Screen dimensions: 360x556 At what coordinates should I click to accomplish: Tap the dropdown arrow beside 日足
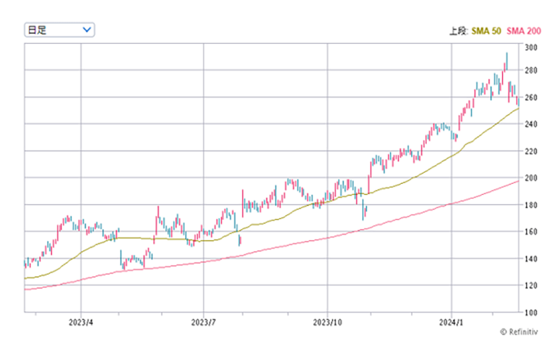pos(87,29)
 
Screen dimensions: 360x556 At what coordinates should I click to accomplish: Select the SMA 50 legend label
pos(487,30)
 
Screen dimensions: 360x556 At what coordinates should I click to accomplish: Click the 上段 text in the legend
pos(458,30)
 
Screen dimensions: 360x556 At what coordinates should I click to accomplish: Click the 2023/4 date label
pos(81,323)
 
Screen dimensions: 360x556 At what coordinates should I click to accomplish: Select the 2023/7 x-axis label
pos(203,323)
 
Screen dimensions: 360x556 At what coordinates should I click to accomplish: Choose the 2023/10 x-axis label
pos(327,323)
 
